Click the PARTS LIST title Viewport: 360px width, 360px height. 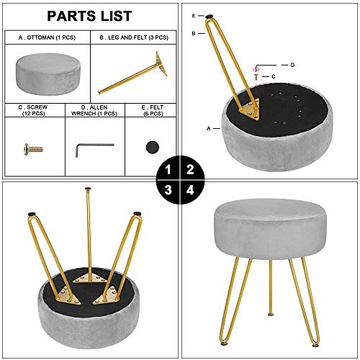89,16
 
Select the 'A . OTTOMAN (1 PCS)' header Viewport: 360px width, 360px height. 47,37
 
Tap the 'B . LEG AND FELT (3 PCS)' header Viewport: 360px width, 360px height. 134,37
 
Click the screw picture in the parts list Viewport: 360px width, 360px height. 33,149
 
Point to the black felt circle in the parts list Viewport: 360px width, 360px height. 153,147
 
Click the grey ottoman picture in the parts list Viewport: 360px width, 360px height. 48,74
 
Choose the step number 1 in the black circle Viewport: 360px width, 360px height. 168,170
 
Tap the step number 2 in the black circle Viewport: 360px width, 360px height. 190,170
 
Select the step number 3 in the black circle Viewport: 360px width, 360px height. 168,190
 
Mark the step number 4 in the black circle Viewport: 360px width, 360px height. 190,190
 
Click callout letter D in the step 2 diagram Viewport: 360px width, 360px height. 292,65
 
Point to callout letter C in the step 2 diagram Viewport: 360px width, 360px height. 273,76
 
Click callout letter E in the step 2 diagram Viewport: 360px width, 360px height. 194,16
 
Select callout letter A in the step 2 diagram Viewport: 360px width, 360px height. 209,129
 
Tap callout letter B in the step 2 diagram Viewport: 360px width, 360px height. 194,33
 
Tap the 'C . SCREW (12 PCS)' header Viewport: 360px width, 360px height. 33,110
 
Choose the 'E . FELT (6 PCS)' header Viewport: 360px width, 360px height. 153,110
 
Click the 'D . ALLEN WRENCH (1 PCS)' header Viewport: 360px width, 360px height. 94,110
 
